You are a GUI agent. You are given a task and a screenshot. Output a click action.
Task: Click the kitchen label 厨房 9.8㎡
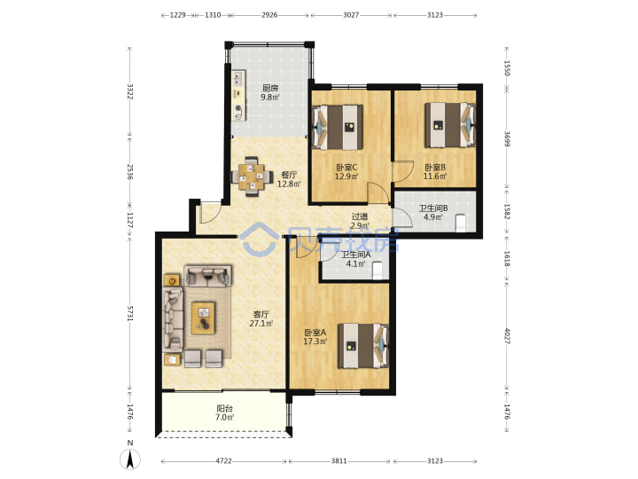[x=270, y=92]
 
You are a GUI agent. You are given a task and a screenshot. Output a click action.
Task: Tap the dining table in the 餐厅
[x=252, y=177]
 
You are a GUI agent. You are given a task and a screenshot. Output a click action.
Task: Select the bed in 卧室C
[x=338, y=128]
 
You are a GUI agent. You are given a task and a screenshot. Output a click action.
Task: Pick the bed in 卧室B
[x=450, y=125]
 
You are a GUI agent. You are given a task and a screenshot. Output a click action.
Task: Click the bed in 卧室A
[x=363, y=346]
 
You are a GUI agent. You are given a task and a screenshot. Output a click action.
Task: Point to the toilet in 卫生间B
[x=461, y=224]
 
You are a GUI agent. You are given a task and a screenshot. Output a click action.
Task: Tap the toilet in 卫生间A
[x=377, y=271]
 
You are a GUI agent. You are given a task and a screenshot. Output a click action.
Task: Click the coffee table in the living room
[x=204, y=318]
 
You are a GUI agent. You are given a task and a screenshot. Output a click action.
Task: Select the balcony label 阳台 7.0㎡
[x=224, y=413]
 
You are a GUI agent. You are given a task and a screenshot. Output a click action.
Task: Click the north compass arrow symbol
[x=130, y=459]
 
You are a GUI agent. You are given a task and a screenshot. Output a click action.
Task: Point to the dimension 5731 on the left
[x=129, y=313]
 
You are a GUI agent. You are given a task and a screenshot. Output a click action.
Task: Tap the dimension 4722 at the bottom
[x=223, y=460]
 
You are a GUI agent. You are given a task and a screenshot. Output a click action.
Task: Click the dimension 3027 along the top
[x=351, y=15]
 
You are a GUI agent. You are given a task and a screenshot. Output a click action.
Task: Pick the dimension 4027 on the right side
[x=507, y=335]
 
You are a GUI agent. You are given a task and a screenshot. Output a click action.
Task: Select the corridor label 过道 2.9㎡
[x=360, y=221]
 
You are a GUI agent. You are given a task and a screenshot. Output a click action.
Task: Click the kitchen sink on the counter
[x=237, y=80]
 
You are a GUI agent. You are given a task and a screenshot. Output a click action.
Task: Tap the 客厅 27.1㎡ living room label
[x=261, y=319]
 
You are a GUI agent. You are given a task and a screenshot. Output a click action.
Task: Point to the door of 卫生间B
[x=403, y=217]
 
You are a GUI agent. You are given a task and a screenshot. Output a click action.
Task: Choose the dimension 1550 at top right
[x=507, y=68]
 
